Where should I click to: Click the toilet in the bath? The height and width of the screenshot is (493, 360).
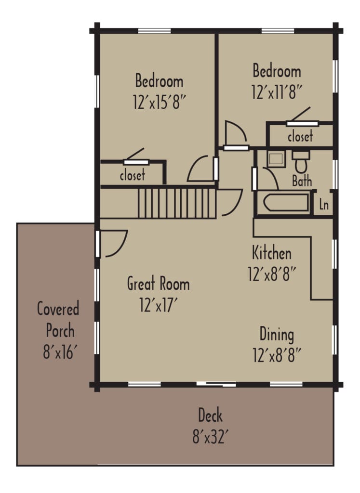(302, 162)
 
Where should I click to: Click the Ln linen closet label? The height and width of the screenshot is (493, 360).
(323, 205)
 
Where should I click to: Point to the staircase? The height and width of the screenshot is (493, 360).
(176, 203)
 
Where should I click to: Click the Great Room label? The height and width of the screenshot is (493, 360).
(158, 284)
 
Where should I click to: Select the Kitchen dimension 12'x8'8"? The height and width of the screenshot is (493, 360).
(272, 274)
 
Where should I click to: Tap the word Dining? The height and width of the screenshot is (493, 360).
(277, 334)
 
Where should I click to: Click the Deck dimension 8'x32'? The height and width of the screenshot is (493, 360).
(210, 438)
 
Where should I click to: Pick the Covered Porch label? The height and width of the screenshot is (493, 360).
(58, 320)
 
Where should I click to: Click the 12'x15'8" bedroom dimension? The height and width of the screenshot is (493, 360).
(159, 101)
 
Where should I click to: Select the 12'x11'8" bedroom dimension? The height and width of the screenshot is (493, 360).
(277, 92)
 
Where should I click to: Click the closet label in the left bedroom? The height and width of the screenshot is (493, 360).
(132, 175)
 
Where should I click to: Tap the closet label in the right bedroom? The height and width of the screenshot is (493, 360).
(300, 136)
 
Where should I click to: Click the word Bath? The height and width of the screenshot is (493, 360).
(302, 181)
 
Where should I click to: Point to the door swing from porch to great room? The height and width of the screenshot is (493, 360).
(114, 243)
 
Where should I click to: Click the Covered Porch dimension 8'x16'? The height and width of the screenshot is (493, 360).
(58, 353)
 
